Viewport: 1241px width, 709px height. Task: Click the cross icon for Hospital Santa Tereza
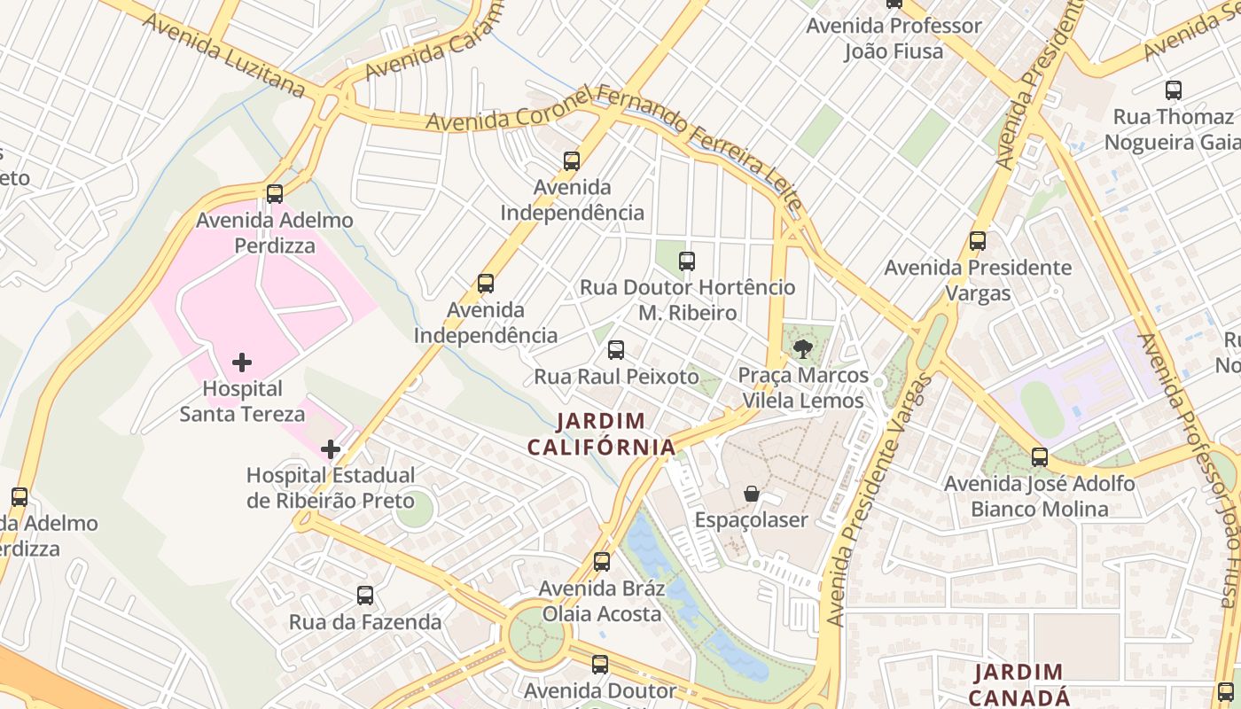click(241, 362)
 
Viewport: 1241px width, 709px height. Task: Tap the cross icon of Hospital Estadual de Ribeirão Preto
click(331, 449)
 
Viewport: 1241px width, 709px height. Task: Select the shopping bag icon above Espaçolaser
click(752, 494)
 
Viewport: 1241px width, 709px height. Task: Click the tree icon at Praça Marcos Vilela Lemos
click(803, 349)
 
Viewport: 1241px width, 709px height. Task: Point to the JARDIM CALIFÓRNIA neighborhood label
click(602, 433)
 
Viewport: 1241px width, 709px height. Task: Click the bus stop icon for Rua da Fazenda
click(365, 596)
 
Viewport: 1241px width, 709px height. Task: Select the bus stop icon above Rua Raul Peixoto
click(616, 350)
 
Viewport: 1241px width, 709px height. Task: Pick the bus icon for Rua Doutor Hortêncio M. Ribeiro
click(687, 261)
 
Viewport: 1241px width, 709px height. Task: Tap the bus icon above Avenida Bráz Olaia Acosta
click(602, 562)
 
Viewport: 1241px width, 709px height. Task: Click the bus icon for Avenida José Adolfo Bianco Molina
click(1040, 457)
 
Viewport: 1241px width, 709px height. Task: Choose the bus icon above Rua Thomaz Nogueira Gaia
click(1174, 90)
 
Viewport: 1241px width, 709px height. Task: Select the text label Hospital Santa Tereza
click(242, 401)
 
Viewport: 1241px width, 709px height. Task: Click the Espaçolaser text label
click(752, 520)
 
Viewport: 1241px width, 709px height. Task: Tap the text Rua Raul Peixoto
click(616, 377)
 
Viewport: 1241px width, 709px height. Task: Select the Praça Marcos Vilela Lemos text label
click(803, 388)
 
